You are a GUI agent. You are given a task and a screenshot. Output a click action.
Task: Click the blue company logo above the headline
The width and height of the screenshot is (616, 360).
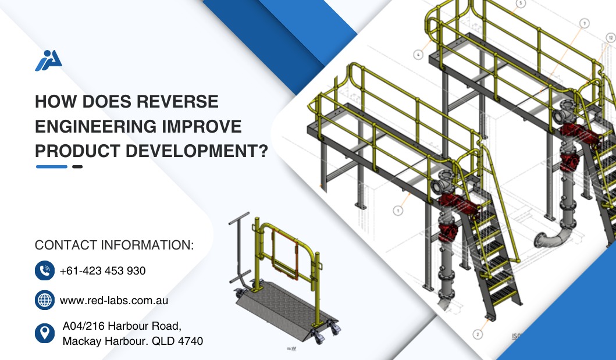(x=48, y=60)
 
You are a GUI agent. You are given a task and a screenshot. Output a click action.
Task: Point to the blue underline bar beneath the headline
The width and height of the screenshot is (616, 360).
(x=52, y=166)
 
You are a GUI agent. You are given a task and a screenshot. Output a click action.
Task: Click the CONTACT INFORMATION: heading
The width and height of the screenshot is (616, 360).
(x=115, y=245)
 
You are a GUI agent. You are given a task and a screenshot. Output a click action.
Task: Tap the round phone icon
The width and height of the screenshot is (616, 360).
(x=45, y=270)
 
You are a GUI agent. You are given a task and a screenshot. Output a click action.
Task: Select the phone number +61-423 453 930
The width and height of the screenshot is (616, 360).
(x=102, y=271)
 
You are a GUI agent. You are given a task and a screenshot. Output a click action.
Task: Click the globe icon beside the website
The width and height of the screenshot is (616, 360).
(x=45, y=300)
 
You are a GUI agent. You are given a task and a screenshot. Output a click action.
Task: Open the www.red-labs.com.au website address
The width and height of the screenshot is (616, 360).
(x=114, y=301)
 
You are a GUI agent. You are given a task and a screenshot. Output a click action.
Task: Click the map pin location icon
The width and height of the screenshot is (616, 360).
(x=45, y=333)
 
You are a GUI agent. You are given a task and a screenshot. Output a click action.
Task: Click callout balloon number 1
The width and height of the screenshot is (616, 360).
(x=398, y=211)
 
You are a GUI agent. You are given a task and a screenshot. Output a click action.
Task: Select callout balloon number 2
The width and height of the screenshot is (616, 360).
(x=478, y=334)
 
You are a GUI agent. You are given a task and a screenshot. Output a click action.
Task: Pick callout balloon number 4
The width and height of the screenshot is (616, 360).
(x=418, y=55)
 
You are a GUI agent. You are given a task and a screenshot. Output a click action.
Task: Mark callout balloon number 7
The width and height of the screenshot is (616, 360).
(x=584, y=23)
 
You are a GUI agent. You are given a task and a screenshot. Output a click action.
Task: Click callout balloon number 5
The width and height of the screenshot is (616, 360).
(x=521, y=4)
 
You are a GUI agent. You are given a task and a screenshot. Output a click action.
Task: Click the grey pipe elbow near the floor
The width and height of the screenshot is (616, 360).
(x=551, y=238)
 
